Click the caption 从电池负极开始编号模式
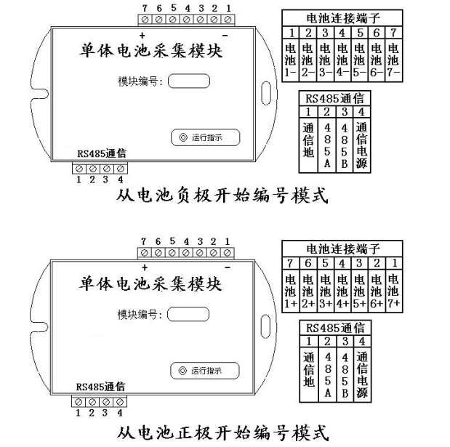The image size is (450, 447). coord(222,196)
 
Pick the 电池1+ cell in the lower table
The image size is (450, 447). coord(290,294)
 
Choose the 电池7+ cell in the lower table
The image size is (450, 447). coord(393,294)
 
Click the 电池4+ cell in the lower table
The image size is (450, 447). coord(342,294)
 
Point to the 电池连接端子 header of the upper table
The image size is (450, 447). coord(342,17)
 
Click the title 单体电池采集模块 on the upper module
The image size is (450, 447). coord(150,53)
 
